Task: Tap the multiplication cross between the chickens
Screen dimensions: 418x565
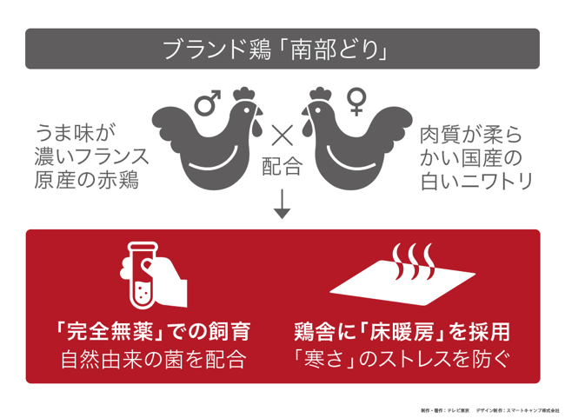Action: (282, 135)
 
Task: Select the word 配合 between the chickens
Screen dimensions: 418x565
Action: (282, 166)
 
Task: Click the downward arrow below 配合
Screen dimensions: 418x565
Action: (282, 204)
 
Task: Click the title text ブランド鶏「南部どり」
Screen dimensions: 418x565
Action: (282, 50)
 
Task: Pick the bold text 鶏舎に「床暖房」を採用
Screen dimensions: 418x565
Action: (402, 331)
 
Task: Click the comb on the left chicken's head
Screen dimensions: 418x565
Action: (244, 91)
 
